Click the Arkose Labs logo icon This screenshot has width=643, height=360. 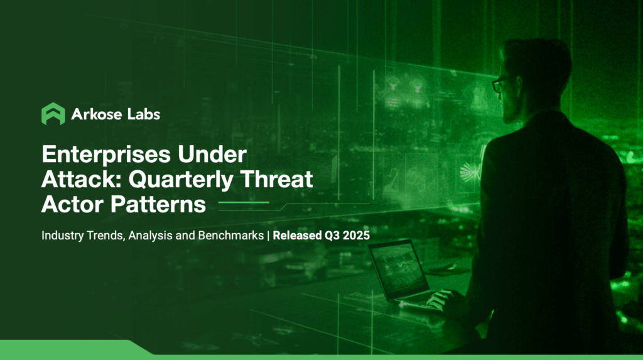point(53,114)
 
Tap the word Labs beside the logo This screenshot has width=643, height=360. point(143,114)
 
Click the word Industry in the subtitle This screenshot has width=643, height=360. point(62,237)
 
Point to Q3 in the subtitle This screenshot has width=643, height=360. point(333,237)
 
